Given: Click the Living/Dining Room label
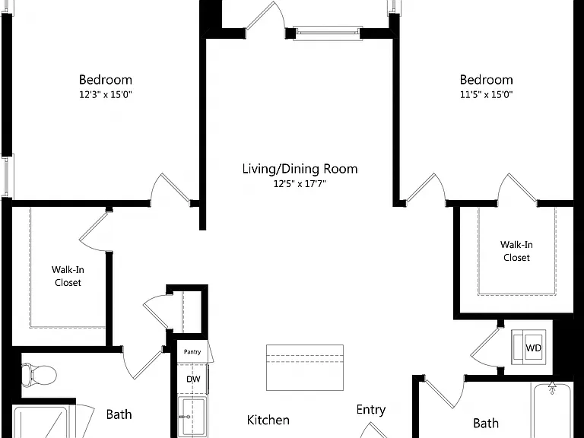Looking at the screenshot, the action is click(x=300, y=169).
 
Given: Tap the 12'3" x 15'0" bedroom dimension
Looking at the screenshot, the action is click(x=106, y=94).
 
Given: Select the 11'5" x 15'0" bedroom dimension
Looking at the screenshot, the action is click(x=486, y=94).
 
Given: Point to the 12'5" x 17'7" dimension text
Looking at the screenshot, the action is click(x=300, y=183).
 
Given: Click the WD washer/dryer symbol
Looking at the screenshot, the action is click(x=529, y=348).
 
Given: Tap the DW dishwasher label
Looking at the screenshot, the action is click(x=193, y=379).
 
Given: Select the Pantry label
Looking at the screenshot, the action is click(x=192, y=351).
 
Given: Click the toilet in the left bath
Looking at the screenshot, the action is click(x=39, y=375).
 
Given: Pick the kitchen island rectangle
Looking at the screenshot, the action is click(x=305, y=367).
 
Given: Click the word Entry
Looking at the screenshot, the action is click(x=370, y=410).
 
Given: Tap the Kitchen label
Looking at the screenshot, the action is click(x=268, y=420).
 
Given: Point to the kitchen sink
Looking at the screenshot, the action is click(x=192, y=417).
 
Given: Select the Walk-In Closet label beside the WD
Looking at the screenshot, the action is click(x=516, y=251).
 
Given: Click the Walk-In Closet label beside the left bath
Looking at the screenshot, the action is click(x=68, y=276).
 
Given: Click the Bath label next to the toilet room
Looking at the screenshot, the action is click(x=119, y=414).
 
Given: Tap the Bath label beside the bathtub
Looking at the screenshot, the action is click(x=486, y=423).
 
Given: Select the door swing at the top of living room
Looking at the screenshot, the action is click(x=265, y=17).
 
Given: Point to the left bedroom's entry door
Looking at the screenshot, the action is click(x=171, y=188).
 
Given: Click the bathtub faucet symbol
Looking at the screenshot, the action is click(x=552, y=387).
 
